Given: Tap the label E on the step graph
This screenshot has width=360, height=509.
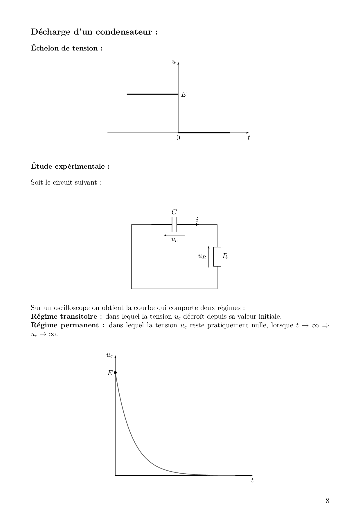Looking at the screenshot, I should (x=183, y=94).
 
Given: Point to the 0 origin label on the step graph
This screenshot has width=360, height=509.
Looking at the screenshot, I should (x=178, y=138).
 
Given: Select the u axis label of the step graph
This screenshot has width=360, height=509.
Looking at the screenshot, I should (x=174, y=62).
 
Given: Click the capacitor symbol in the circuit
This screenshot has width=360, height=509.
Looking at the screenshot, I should (x=174, y=224).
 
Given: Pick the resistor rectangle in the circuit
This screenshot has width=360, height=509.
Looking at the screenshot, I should (x=217, y=257).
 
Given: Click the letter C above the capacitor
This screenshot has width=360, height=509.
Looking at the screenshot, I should (x=174, y=212).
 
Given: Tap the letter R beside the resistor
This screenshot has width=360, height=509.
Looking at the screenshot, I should (x=225, y=256).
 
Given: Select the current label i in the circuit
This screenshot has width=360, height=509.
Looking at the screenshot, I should (x=197, y=220).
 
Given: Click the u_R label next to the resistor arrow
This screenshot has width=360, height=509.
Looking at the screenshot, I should (x=202, y=256).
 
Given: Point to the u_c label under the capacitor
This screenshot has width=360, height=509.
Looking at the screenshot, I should (x=174, y=240).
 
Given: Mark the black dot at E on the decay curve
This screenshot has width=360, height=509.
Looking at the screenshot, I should (x=115, y=373).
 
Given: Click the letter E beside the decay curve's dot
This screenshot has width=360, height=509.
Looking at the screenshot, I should (x=110, y=373).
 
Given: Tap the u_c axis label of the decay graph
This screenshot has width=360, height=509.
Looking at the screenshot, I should (x=109, y=355).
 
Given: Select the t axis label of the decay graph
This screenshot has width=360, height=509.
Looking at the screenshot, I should (x=252, y=480).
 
